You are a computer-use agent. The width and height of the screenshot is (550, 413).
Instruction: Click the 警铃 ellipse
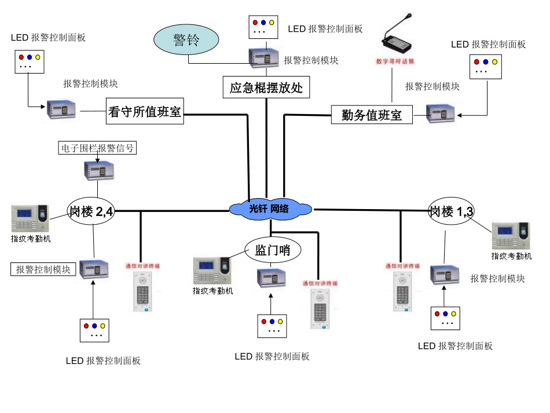[x=186, y=40]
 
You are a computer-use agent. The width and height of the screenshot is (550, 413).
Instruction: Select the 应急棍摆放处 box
[x=266, y=88]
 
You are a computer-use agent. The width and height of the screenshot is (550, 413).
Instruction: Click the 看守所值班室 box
[x=145, y=111]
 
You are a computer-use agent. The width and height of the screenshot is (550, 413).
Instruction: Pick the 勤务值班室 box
[x=371, y=115]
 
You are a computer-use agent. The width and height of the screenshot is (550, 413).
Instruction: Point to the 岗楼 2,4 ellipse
[x=91, y=211]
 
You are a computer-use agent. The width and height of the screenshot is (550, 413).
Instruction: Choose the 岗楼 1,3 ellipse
[x=451, y=211]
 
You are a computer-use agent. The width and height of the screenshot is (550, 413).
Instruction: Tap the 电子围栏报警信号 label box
[x=97, y=148]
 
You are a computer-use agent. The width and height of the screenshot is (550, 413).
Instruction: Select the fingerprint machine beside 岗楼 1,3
[x=510, y=236]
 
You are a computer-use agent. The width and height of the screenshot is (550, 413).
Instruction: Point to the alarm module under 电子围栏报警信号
[x=98, y=170]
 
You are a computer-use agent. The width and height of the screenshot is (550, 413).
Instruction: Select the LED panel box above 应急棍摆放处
[x=263, y=27]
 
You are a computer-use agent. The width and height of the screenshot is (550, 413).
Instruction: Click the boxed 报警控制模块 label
[x=43, y=269]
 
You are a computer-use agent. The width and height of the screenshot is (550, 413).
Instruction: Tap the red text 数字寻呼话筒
[x=395, y=61]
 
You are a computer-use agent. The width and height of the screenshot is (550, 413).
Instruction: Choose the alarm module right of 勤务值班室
[x=441, y=114]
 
